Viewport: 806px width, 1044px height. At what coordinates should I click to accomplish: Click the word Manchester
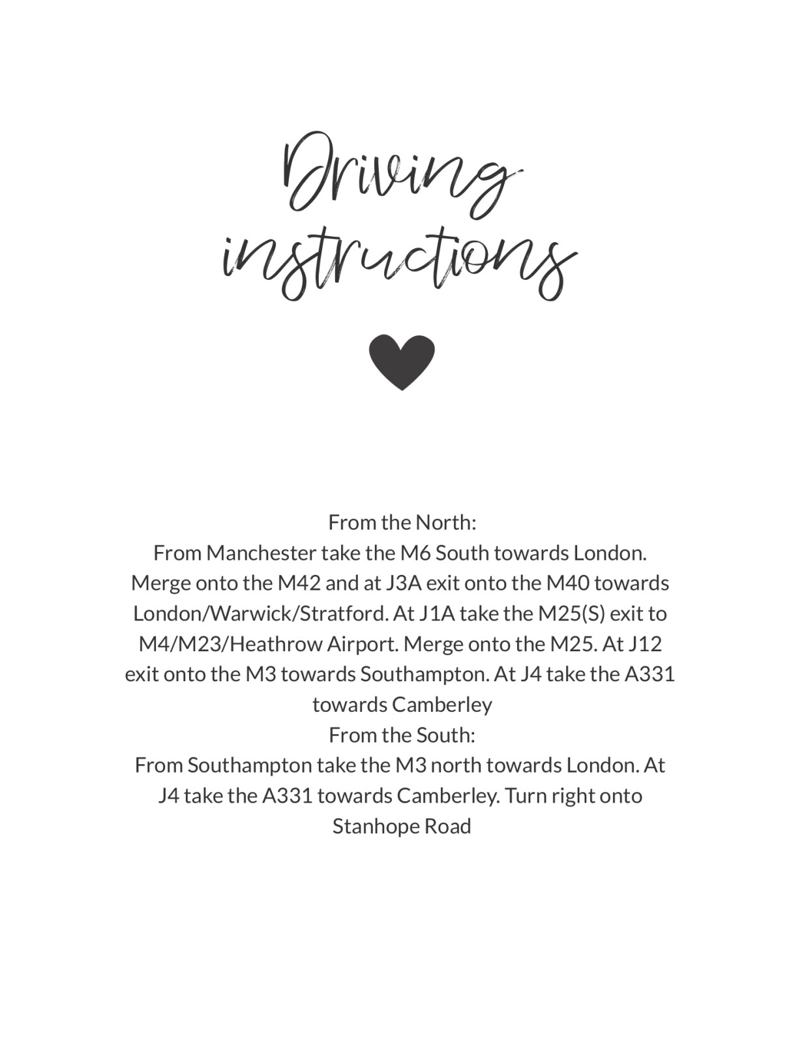pos(261,553)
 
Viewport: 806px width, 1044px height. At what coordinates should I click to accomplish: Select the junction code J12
pos(644,645)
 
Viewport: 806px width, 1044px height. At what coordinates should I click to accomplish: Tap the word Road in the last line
pos(447,827)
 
